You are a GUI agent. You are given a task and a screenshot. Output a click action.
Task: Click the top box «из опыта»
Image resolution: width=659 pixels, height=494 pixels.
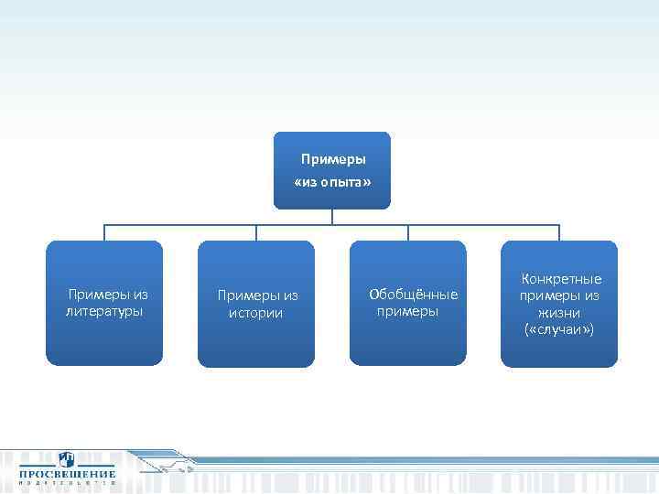[x=331, y=171]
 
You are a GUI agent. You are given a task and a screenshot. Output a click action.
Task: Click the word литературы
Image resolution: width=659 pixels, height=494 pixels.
[x=104, y=312]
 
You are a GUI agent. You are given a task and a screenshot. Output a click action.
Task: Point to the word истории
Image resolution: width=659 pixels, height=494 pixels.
[x=256, y=313]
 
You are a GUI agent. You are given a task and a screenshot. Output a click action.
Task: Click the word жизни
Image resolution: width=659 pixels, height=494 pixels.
[x=559, y=312]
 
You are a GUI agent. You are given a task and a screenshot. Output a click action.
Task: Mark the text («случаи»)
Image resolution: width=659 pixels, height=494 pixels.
[x=559, y=328]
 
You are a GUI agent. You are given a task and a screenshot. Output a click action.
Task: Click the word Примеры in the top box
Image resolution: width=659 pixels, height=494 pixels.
[x=332, y=159]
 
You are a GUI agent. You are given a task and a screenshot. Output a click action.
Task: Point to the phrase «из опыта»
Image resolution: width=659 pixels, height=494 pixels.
[x=332, y=183]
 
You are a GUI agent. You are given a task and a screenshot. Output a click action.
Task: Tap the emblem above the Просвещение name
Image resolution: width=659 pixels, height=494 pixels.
[x=67, y=459]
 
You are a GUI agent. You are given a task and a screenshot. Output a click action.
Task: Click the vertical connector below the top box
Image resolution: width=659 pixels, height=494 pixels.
[x=332, y=217]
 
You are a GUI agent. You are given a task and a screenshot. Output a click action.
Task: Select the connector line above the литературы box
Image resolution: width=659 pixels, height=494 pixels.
[x=104, y=232]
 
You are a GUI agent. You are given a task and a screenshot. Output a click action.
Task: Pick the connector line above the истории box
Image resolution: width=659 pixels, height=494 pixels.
[x=256, y=232]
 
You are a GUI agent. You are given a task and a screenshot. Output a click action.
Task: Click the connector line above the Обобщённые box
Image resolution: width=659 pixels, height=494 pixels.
[x=408, y=232]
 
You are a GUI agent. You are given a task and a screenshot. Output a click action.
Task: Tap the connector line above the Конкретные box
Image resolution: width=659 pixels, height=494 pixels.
[x=559, y=232]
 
